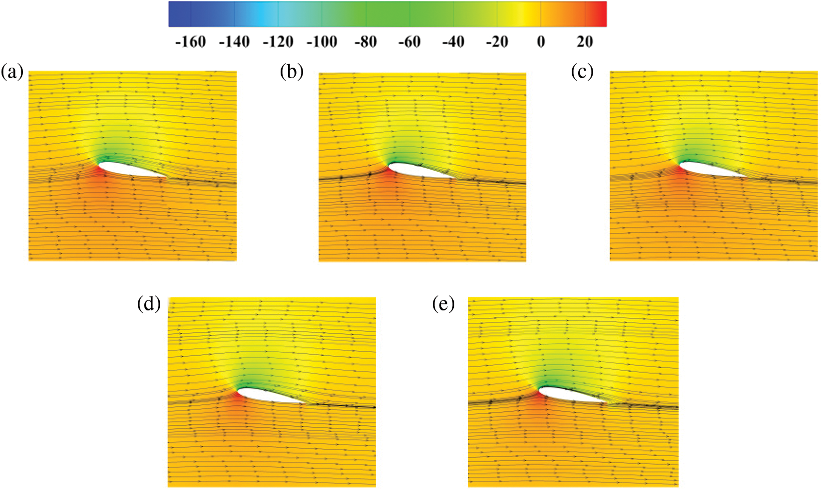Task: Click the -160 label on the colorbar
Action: point(191,42)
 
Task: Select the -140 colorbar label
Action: point(234,42)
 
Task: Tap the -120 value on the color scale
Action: point(278,42)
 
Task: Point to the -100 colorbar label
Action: point(322,42)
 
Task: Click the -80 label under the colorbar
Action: point(366,42)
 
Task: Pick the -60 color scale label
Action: point(410,42)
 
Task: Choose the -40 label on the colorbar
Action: point(453,42)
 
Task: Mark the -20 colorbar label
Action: point(497,42)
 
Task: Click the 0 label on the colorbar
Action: point(541,42)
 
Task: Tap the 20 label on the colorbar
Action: point(585,42)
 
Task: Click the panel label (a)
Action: point(12,72)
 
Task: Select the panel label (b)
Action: point(292,72)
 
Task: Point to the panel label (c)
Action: point(583,72)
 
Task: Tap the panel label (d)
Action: point(149,304)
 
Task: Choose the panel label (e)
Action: point(443,304)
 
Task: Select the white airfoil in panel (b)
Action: point(418,171)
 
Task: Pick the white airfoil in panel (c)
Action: point(709,170)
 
